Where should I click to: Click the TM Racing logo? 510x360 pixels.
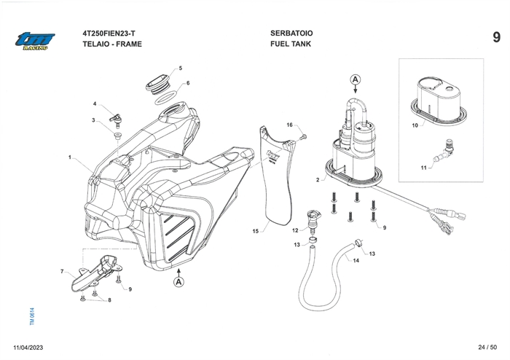pos(33,42)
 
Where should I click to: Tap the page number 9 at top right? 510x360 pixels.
pos(495,37)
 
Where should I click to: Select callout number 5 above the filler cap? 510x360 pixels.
pos(180,69)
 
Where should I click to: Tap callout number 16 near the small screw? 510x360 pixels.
pos(289,125)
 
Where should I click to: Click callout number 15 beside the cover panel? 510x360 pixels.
pos(256,231)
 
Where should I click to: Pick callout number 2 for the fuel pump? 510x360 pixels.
pos(318,179)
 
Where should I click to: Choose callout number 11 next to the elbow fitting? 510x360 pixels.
pos(423,168)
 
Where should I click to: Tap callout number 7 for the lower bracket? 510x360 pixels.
pos(62,271)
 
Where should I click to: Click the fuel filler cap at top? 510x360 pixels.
pos(157,82)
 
